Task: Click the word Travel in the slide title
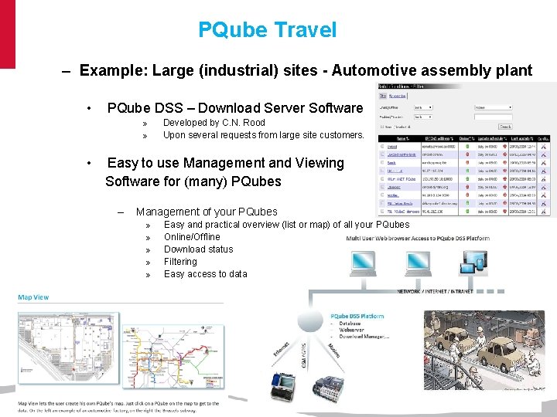[x=305, y=30]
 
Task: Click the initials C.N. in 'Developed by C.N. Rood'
[x=233, y=123]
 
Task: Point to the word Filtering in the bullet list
[x=180, y=262]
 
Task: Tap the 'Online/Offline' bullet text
[x=192, y=237]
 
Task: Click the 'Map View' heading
[x=34, y=297]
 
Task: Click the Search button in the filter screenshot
[x=504, y=127]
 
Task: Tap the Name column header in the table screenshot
[x=402, y=137]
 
